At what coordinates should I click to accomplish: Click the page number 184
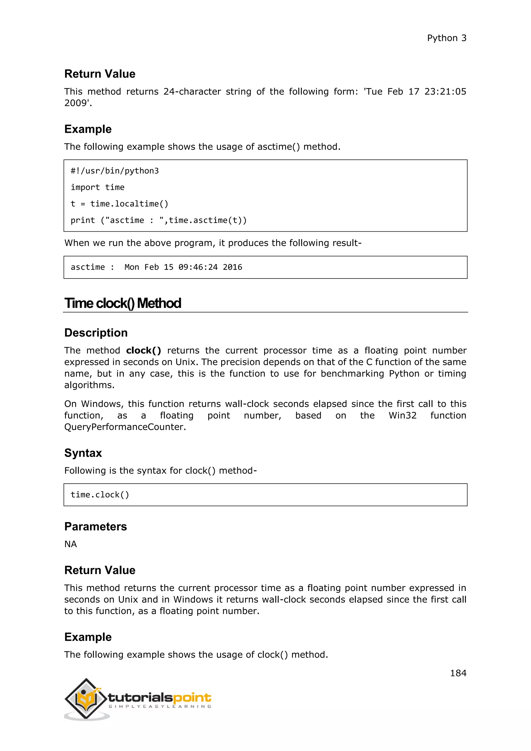(458, 673)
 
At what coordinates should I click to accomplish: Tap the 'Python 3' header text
(447, 38)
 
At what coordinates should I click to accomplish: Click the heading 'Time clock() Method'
(123, 303)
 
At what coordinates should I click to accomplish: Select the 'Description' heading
(96, 333)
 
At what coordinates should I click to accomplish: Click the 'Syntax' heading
(83, 453)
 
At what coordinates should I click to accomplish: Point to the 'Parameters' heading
(95, 527)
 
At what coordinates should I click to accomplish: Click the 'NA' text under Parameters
(71, 544)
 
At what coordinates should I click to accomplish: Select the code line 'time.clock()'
(100, 495)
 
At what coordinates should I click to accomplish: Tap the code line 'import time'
(97, 187)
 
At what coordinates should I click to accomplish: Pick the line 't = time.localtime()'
(119, 204)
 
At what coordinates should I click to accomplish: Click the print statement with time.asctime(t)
(159, 220)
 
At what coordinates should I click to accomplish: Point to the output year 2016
(233, 267)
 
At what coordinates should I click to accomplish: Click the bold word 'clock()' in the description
(144, 350)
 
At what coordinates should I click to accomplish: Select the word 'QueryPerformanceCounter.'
(125, 427)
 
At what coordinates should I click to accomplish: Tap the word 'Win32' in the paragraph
(402, 415)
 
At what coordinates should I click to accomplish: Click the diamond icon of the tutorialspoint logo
(86, 699)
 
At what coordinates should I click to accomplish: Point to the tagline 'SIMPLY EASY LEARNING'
(160, 706)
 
